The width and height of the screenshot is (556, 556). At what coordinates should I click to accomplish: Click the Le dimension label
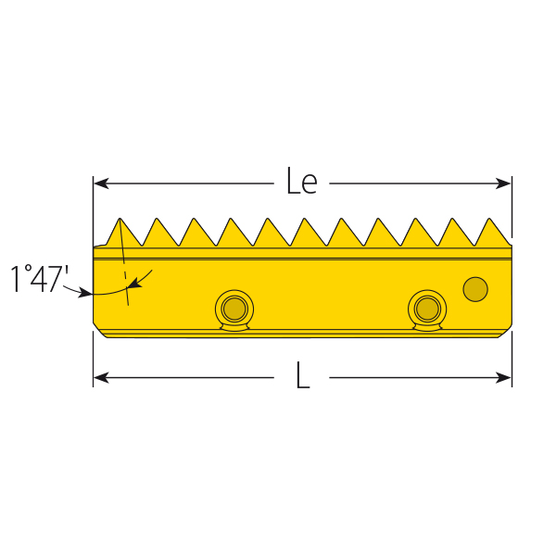(x=301, y=183)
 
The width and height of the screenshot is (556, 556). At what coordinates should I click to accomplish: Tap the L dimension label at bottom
(x=302, y=376)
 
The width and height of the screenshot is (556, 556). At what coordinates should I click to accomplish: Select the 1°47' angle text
(x=40, y=279)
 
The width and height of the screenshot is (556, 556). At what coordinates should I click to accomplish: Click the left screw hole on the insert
(x=234, y=308)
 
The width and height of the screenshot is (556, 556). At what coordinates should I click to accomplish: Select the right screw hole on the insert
(x=427, y=308)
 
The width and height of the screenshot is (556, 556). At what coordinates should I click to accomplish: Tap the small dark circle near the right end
(x=475, y=289)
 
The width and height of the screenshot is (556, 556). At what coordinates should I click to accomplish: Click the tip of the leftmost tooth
(x=120, y=219)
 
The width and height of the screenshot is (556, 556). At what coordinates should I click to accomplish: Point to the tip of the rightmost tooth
(x=489, y=219)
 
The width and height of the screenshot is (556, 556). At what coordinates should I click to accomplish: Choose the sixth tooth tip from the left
(x=305, y=219)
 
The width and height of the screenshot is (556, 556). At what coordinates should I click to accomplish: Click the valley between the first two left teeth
(x=139, y=246)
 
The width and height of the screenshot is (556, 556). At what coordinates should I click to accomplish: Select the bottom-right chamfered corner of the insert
(x=506, y=331)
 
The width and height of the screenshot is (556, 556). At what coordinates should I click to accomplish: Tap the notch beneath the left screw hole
(x=234, y=326)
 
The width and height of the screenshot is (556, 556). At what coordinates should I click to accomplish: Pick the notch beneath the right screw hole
(x=427, y=326)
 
